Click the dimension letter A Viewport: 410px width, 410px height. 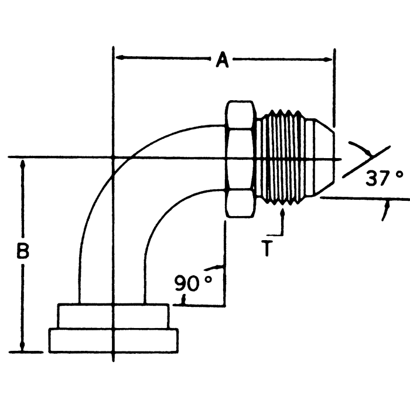click(x=222, y=60)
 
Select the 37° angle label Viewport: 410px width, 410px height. click(x=384, y=178)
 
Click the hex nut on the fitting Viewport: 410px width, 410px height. click(x=240, y=159)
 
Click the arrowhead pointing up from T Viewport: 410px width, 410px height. click(x=283, y=213)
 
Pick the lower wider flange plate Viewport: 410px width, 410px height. click(x=113, y=341)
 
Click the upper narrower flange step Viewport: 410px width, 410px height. click(x=113, y=317)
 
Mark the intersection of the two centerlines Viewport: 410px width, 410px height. click(x=112, y=158)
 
